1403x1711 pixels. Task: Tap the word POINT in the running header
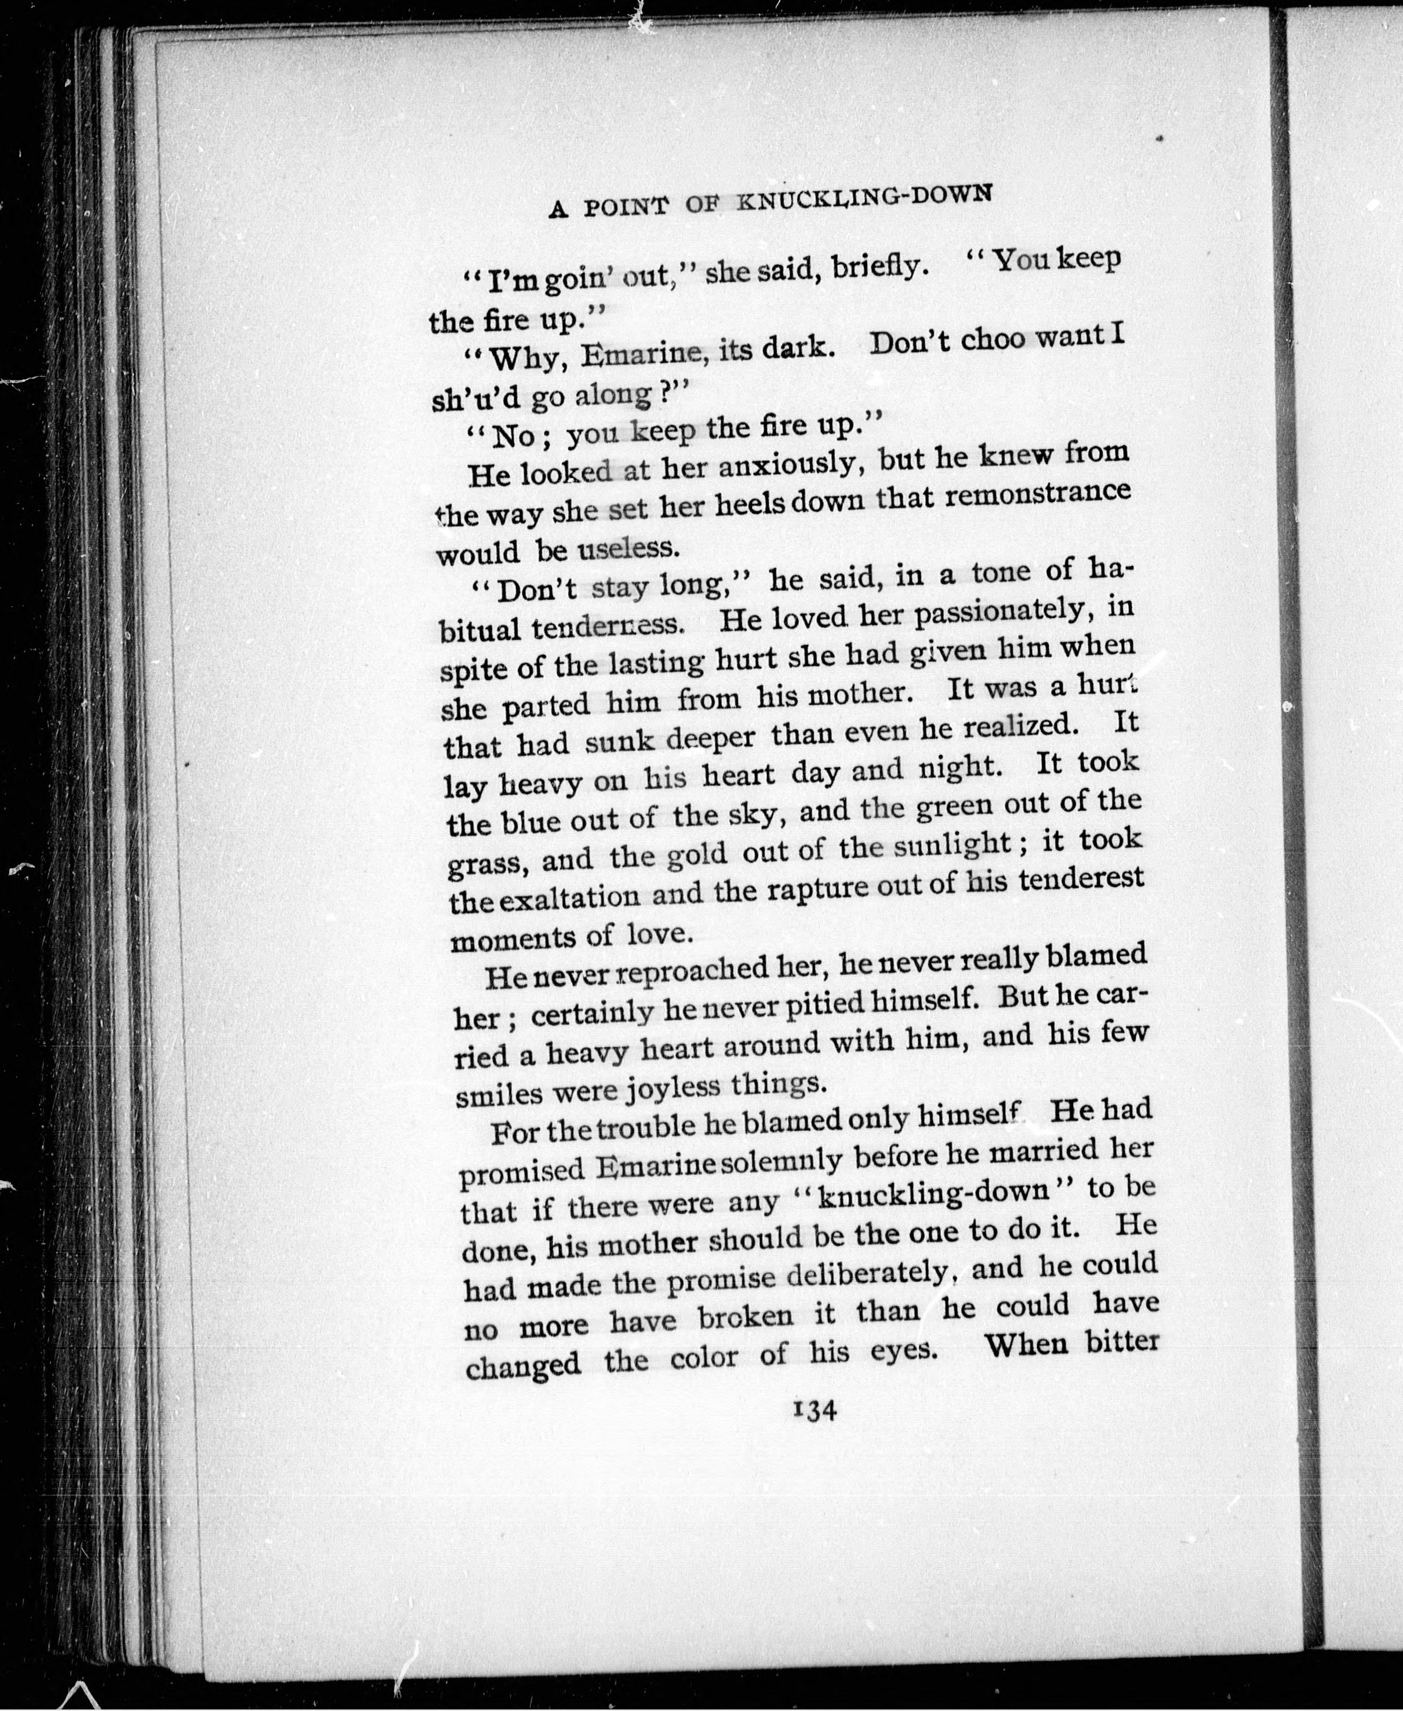click(x=626, y=206)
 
